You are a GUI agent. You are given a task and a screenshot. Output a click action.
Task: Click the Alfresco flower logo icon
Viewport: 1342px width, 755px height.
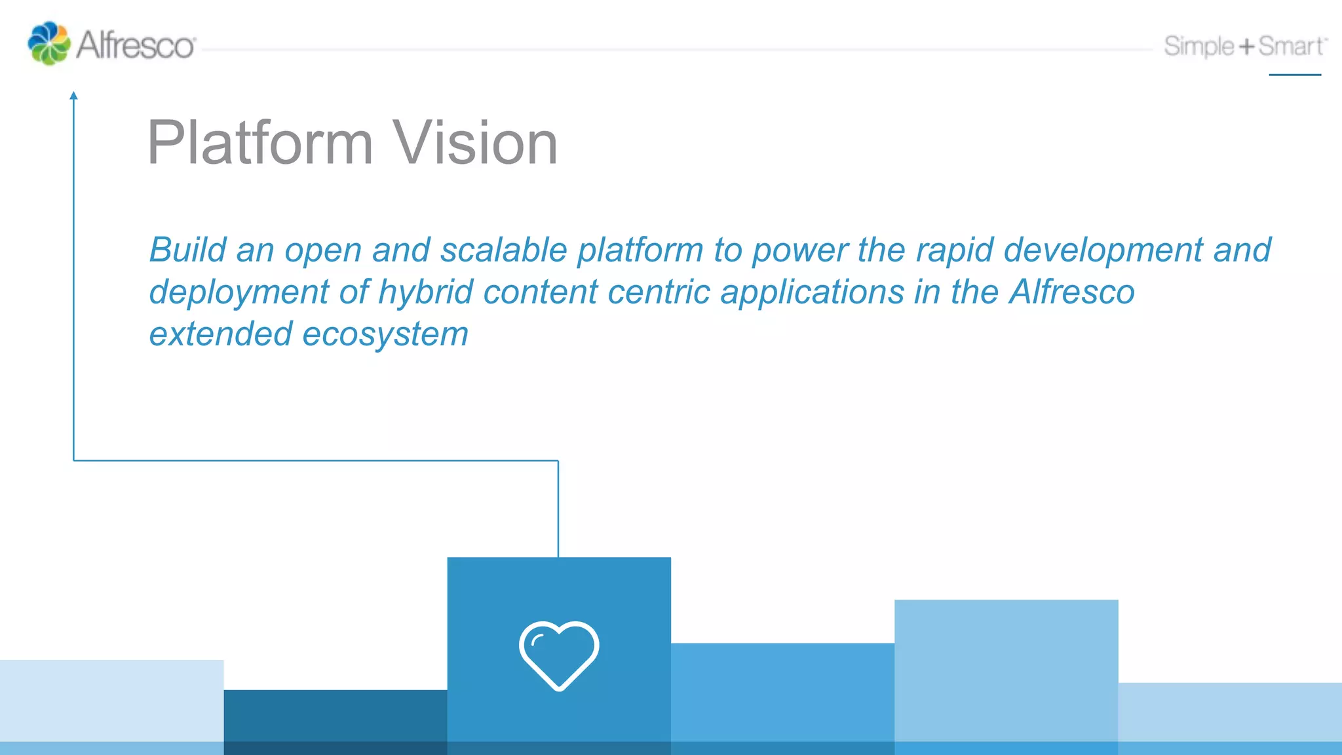[48, 43]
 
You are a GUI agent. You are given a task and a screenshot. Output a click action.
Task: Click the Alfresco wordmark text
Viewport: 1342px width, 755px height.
[136, 46]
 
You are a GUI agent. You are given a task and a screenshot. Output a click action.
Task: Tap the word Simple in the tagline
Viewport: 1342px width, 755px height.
[1198, 47]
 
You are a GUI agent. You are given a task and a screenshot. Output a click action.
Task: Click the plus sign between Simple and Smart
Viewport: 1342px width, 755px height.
[1246, 47]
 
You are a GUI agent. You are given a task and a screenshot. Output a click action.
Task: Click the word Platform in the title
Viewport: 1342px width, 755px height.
[260, 143]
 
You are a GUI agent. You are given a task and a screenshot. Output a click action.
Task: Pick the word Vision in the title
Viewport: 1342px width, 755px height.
[475, 143]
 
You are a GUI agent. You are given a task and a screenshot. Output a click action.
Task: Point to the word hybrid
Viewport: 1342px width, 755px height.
[425, 292]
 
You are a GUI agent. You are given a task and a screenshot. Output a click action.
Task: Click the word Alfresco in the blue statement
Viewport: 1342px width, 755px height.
[1071, 292]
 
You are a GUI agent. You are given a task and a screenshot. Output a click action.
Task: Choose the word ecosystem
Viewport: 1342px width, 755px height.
[385, 334]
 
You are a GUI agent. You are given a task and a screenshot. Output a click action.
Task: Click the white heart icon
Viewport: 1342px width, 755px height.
[559, 655]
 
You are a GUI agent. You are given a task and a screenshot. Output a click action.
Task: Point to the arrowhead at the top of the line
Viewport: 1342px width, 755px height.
[73, 96]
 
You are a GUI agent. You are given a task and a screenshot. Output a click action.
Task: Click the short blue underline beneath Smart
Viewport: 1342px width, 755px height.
[1295, 75]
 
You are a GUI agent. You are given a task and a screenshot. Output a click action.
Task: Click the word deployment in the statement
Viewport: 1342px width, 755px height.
[239, 292]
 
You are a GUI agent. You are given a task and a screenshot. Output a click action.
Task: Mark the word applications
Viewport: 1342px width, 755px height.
[813, 292]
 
